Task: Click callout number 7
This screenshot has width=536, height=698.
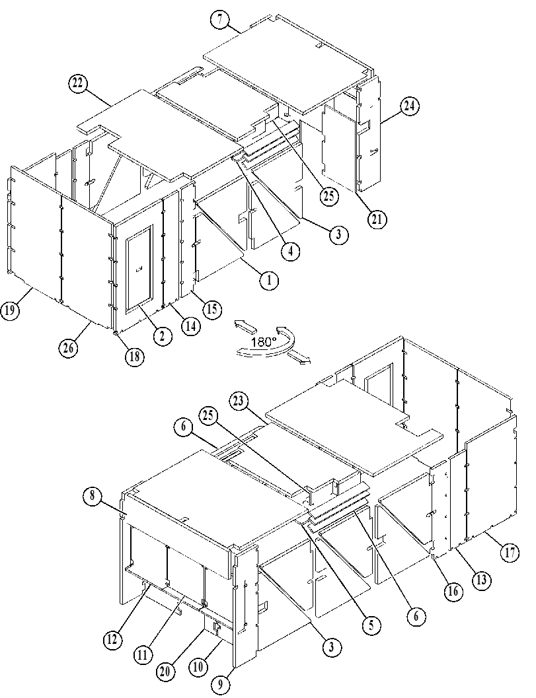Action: click(221, 20)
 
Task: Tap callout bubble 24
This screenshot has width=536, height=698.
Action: click(410, 106)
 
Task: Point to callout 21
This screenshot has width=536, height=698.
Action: click(377, 219)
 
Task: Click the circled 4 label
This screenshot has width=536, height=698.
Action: click(290, 251)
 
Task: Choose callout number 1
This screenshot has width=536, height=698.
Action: click(269, 281)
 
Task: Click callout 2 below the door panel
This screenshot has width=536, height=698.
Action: click(162, 335)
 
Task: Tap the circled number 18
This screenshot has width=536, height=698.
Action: click(135, 356)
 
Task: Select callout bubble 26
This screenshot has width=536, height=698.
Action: click(69, 347)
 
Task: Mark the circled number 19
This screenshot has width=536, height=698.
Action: click(10, 310)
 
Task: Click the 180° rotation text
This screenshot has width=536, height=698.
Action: click(264, 342)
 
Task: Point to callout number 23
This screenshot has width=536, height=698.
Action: click(239, 401)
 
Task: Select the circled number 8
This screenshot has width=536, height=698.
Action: click(93, 495)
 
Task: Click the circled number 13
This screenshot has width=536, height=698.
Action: click(482, 580)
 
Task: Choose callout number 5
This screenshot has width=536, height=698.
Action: click(371, 626)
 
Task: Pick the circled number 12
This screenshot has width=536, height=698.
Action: click(112, 639)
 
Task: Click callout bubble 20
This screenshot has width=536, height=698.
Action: click(165, 672)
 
